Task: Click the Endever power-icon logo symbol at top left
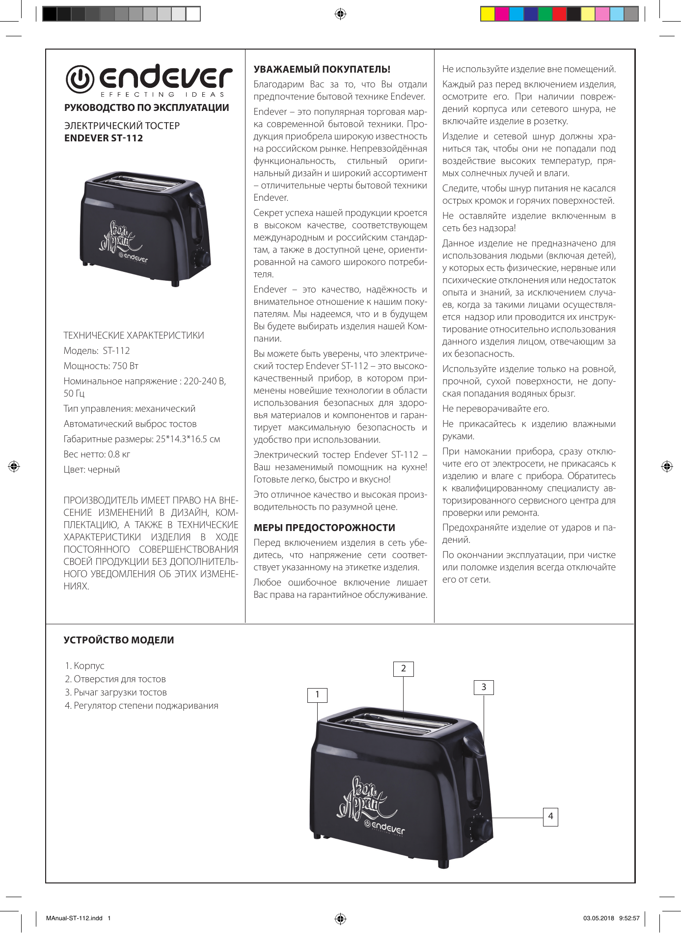tap(80, 79)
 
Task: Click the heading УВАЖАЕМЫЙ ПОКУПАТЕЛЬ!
tap(322, 69)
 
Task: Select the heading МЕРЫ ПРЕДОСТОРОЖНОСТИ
tap(324, 528)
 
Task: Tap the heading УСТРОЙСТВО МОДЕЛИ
tap(119, 640)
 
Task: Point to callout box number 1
tap(317, 694)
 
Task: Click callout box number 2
tap(404, 668)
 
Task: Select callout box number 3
tap(484, 687)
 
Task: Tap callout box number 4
tap(550, 816)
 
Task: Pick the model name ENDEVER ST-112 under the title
tap(104, 138)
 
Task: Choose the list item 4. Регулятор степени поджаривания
tap(141, 705)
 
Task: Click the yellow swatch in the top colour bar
tap(487, 14)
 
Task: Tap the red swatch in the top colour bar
tap(559, 14)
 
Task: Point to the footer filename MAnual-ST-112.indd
tap(74, 918)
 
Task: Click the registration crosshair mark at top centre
tap(340, 14)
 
